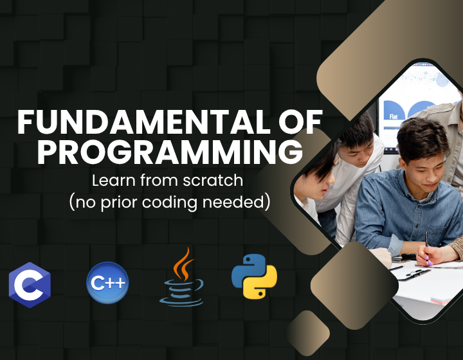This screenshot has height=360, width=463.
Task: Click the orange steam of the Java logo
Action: pos(184,261)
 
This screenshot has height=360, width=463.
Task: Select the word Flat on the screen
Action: pos(394,116)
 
